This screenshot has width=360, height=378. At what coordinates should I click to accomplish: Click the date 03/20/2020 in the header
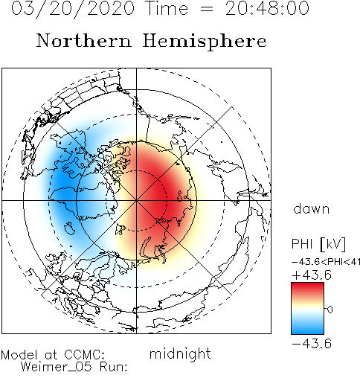[73, 8]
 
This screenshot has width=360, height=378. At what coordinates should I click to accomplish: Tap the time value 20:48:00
[267, 8]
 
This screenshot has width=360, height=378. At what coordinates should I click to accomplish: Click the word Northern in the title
[84, 41]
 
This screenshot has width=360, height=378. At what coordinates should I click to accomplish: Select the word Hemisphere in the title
[205, 41]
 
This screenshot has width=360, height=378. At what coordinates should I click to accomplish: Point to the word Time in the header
[167, 8]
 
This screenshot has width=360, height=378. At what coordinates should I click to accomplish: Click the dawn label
[312, 209]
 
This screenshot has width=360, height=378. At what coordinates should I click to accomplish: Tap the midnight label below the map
[180, 353]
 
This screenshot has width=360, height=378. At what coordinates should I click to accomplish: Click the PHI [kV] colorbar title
[318, 244]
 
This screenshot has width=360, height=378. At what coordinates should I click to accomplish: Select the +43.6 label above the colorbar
[312, 275]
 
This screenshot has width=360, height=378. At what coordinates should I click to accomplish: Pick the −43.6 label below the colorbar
[312, 344]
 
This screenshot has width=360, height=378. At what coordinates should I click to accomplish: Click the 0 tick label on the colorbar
[330, 310]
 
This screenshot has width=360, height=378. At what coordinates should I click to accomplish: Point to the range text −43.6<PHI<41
[326, 262]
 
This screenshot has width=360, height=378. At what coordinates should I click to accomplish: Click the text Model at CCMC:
[53, 355]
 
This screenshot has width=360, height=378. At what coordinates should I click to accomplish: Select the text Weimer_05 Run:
[74, 367]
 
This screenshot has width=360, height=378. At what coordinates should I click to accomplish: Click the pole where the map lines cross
[136, 200]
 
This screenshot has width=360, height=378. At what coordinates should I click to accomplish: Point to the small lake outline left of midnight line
[69, 228]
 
